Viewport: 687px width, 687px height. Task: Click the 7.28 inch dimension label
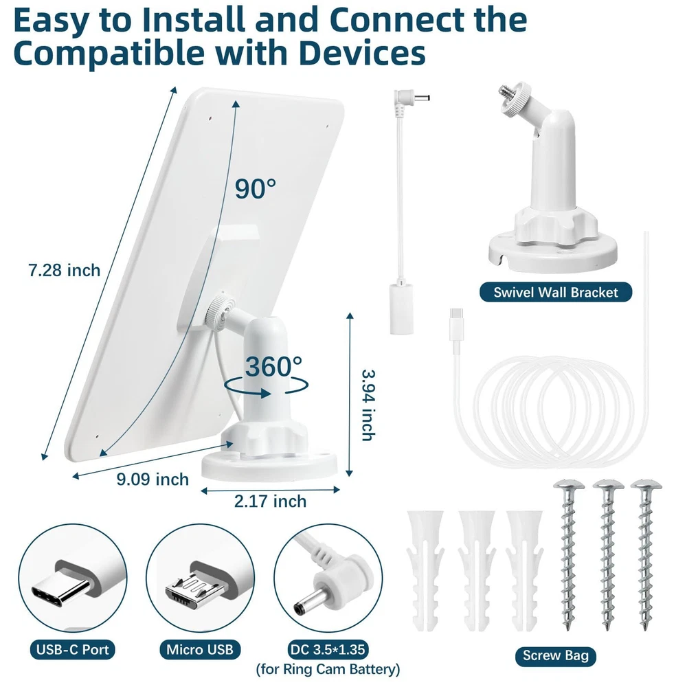pyautogui.click(x=65, y=270)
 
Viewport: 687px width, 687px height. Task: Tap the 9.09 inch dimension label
pyautogui.click(x=153, y=480)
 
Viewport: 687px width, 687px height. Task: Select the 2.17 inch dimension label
pyautogui.click(x=270, y=502)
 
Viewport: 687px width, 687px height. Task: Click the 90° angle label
pyautogui.click(x=256, y=188)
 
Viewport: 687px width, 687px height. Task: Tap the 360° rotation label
pyautogui.click(x=273, y=366)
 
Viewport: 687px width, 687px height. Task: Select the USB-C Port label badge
pyautogui.click(x=73, y=649)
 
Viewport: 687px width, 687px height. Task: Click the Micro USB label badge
pyautogui.click(x=200, y=649)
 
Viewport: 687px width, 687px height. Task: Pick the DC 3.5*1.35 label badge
pyautogui.click(x=328, y=649)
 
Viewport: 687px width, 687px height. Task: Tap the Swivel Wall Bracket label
pyautogui.click(x=556, y=292)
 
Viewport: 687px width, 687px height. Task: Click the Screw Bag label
pyautogui.click(x=556, y=656)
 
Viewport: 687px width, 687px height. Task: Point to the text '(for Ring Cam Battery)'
pyautogui.click(x=328, y=669)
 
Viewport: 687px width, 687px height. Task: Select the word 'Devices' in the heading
pyautogui.click(x=362, y=53)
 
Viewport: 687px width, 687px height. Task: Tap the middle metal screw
pyautogui.click(x=608, y=554)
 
